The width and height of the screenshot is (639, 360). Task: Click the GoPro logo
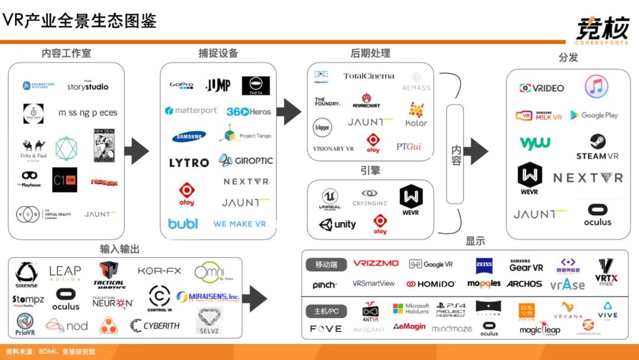click(x=182, y=85)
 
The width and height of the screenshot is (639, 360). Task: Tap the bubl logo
click(x=183, y=224)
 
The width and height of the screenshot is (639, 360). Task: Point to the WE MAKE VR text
click(x=240, y=224)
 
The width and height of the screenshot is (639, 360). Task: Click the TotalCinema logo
click(x=369, y=76)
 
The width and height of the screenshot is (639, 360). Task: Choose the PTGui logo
click(x=409, y=146)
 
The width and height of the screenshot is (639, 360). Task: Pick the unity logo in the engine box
click(x=337, y=224)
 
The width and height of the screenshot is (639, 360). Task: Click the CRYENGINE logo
click(x=370, y=198)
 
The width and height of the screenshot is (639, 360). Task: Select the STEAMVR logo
click(x=597, y=147)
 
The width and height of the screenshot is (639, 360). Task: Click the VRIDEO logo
click(x=541, y=88)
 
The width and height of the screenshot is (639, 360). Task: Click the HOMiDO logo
click(x=431, y=284)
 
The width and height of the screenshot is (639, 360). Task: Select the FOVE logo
click(x=326, y=329)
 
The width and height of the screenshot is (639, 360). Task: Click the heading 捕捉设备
click(x=218, y=53)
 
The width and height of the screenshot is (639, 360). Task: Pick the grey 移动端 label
click(x=326, y=264)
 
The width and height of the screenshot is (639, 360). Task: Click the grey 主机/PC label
click(x=326, y=310)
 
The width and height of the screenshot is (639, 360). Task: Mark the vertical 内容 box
click(x=455, y=154)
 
